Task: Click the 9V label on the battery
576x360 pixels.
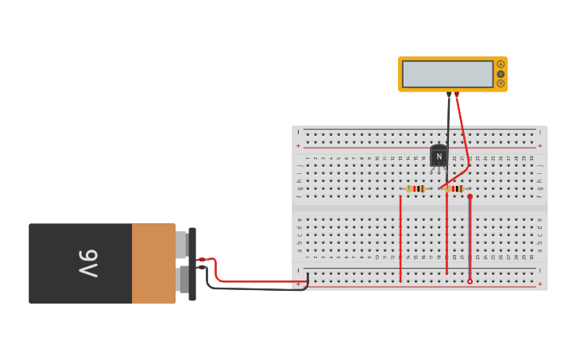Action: point(87,263)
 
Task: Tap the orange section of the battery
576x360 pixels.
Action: point(153,263)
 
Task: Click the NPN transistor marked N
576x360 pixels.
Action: point(439,156)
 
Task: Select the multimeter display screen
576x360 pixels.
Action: point(447,74)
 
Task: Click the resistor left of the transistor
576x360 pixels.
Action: point(416,188)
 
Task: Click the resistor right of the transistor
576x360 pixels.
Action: point(455,188)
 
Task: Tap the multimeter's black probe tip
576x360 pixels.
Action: point(449,95)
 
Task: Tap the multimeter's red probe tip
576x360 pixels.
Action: point(456,94)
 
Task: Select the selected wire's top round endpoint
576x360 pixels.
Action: point(470,196)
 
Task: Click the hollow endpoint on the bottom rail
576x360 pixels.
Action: point(470,281)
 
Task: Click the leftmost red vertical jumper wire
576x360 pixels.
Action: point(400,238)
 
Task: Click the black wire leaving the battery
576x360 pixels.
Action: point(254,289)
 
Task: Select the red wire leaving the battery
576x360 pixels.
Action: point(254,281)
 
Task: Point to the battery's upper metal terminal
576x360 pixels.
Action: point(182,245)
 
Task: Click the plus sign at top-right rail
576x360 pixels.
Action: point(540,145)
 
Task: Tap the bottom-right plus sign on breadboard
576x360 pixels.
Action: point(540,284)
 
